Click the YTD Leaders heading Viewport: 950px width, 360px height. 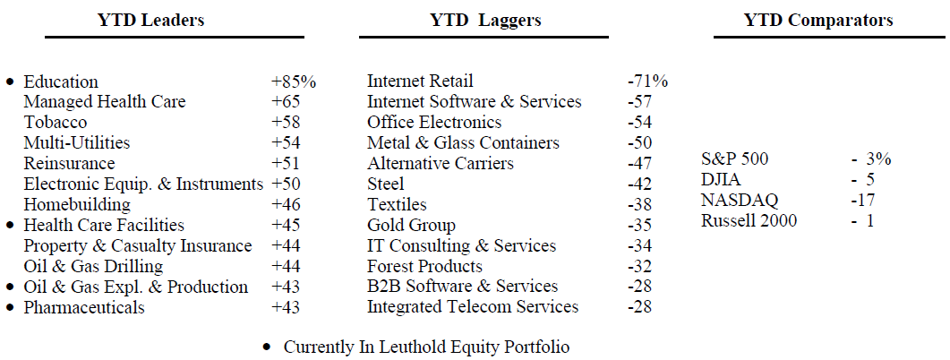(x=150, y=20)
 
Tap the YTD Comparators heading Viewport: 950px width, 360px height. (x=818, y=20)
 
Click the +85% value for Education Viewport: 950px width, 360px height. (x=294, y=81)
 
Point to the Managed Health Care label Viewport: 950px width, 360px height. (x=105, y=102)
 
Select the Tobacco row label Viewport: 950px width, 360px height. (x=56, y=123)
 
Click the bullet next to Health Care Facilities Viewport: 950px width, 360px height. (x=11, y=226)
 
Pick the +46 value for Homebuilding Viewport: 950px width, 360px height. (x=287, y=205)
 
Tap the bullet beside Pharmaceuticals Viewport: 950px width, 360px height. (x=11, y=308)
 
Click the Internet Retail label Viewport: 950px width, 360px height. (x=420, y=81)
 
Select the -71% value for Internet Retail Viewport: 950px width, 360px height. (x=647, y=81)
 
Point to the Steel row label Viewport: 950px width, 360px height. (x=386, y=184)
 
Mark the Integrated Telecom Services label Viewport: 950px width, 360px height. (x=473, y=308)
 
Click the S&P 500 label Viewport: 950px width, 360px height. (x=735, y=159)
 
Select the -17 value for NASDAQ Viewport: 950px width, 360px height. (x=862, y=201)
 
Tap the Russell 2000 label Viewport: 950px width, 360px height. (x=749, y=221)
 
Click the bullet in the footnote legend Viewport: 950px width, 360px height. (x=267, y=347)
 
